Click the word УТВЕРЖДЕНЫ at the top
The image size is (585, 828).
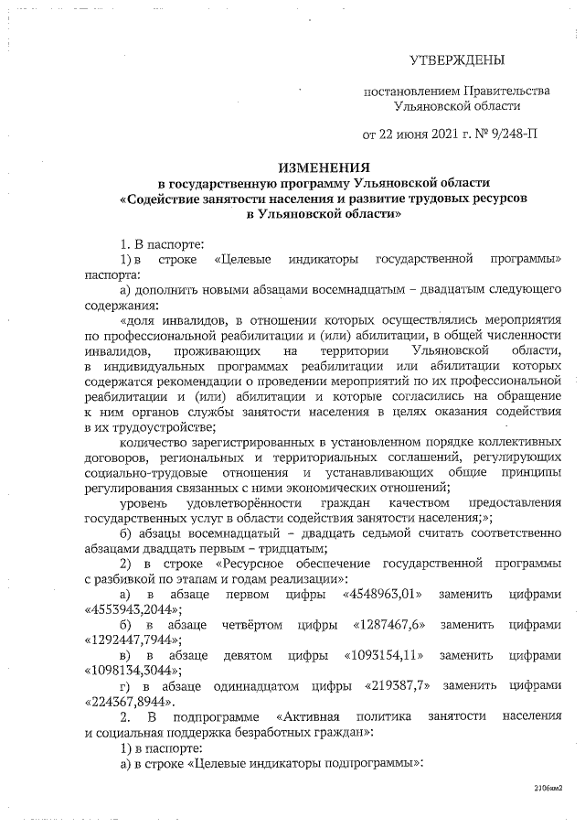pyautogui.click(x=455, y=60)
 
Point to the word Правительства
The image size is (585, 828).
pyautogui.click(x=505, y=91)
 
